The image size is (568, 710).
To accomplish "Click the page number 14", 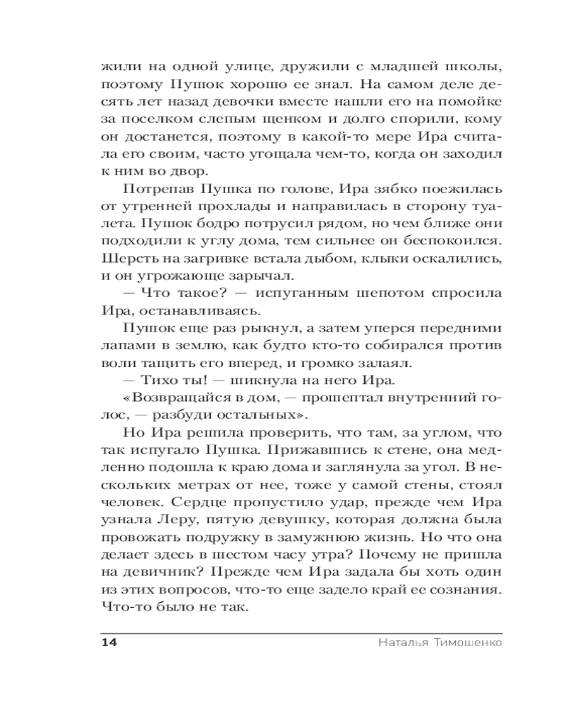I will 109,643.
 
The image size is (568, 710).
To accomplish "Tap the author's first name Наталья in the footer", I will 398,643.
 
